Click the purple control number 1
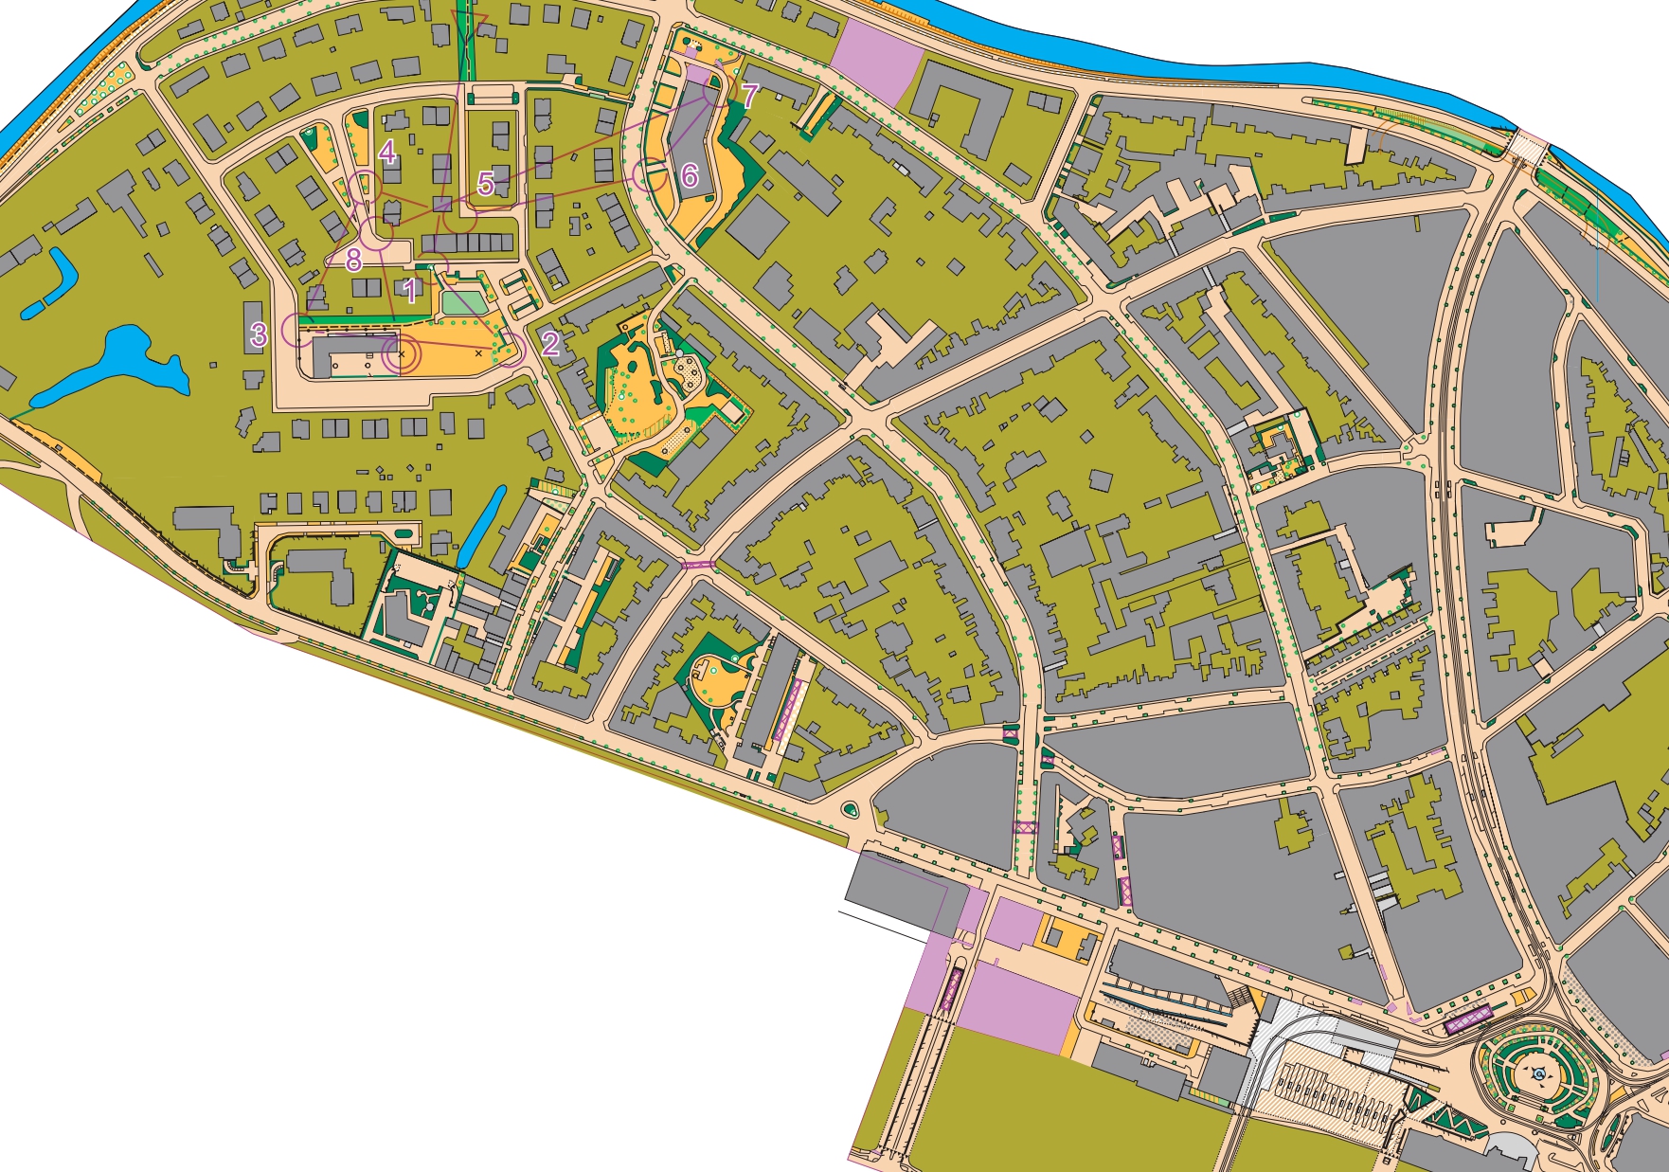tap(410, 290)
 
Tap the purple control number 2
tap(550, 343)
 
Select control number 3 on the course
tap(259, 334)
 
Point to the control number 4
tap(386, 152)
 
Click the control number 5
tap(486, 183)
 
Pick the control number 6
tap(690, 175)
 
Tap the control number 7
tap(749, 96)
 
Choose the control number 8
tap(354, 259)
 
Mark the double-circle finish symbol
tap(401, 354)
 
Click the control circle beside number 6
tap(650, 175)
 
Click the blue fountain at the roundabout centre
tap(1539, 1073)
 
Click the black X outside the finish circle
tap(478, 353)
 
